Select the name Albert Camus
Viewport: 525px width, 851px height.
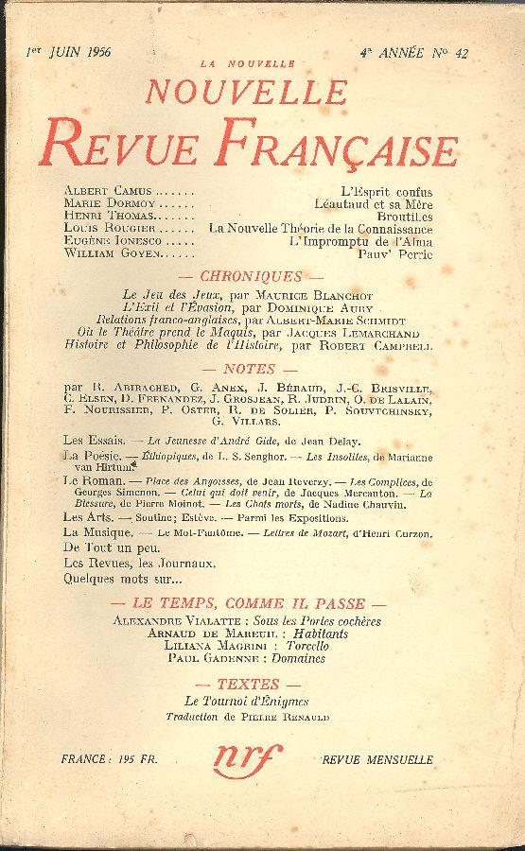[101, 191]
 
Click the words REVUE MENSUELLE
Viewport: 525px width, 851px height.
[377, 759]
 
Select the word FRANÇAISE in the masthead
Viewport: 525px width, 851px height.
[346, 149]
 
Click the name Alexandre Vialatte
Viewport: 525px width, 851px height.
[180, 618]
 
